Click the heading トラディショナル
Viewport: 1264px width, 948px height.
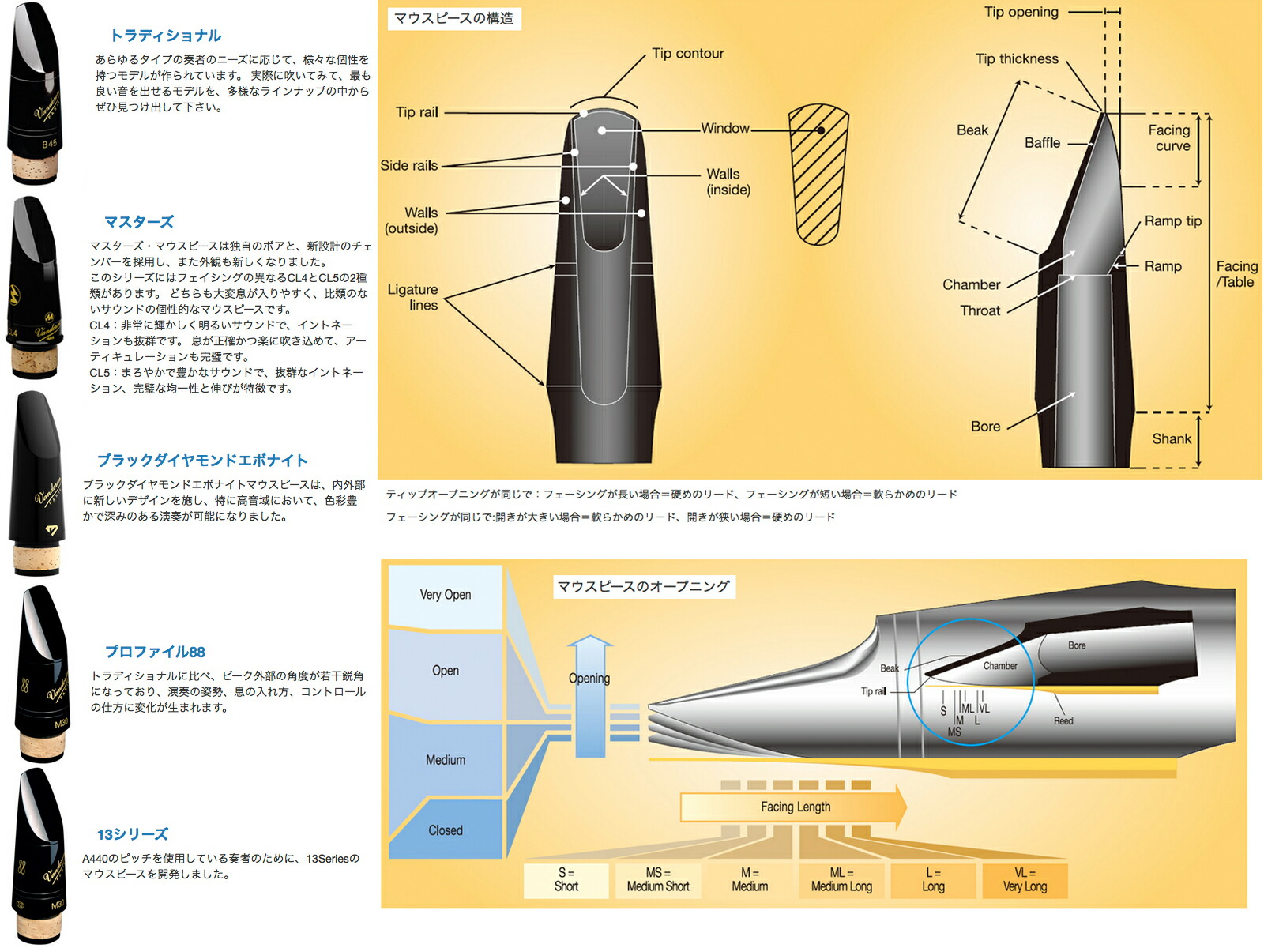tap(165, 36)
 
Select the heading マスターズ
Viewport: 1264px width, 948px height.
tap(139, 222)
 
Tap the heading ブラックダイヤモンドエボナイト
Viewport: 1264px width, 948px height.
tap(202, 461)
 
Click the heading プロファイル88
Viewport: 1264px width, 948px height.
tap(156, 652)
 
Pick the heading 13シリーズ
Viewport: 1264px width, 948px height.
tap(133, 834)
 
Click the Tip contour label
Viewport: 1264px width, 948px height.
tap(687, 54)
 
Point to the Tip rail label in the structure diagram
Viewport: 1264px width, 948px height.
tap(417, 112)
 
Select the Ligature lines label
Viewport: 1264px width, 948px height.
tap(412, 297)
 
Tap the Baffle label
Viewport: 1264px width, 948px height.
tap(1042, 143)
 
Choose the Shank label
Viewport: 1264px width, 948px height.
tap(1171, 439)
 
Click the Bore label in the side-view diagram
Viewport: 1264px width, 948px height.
tap(985, 427)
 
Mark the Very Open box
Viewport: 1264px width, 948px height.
tap(446, 596)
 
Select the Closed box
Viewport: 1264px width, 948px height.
tap(446, 830)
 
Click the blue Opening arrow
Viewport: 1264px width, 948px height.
tap(590, 695)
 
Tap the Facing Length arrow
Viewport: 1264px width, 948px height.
tap(795, 807)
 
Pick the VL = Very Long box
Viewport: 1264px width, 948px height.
tap(1025, 880)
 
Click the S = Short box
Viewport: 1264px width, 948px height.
tap(566, 880)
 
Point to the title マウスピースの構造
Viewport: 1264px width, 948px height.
tap(453, 18)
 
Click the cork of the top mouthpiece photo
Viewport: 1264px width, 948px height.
tap(36, 168)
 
